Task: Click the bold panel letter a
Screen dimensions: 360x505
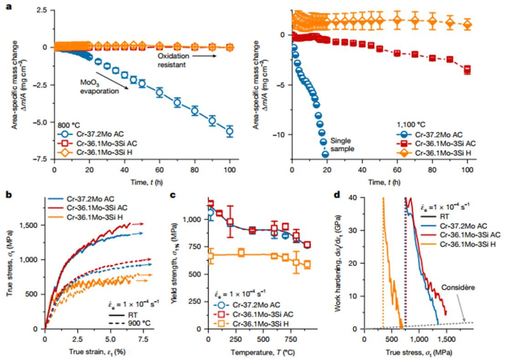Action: (x=7, y=8)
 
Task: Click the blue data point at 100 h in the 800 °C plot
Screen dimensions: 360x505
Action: (x=229, y=131)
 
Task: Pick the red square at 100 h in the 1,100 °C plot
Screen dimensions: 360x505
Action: (x=467, y=70)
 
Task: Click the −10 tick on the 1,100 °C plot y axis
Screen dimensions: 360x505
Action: (x=281, y=135)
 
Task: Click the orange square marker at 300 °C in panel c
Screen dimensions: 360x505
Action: (x=241, y=253)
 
